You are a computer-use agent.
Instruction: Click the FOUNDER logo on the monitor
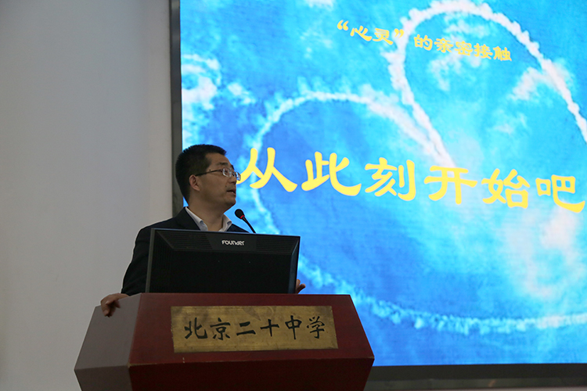[233, 242]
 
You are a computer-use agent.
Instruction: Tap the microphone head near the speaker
[239, 214]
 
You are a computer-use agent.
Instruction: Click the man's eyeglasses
[221, 173]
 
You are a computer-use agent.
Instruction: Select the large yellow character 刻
[391, 181]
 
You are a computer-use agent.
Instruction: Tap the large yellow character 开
[450, 184]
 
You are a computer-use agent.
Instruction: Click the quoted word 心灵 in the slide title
[371, 32]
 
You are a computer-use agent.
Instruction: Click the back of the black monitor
[223, 261]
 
